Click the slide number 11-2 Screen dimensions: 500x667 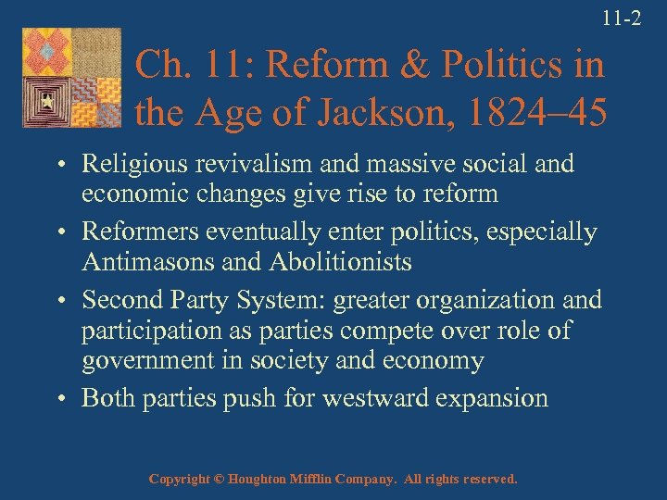pyautogui.click(x=622, y=17)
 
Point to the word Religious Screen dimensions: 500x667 pyautogui.click(x=127, y=164)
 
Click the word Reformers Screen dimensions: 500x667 pyautogui.click(x=138, y=232)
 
